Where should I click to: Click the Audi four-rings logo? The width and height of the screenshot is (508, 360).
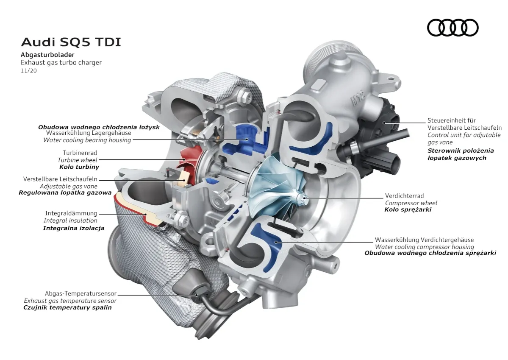pyautogui.click(x=452, y=28)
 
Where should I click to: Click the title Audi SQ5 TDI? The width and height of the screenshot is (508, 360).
pyautogui.click(x=71, y=42)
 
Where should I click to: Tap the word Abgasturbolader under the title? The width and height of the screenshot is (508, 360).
pyautogui.click(x=47, y=55)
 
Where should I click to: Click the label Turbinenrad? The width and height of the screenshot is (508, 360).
pyautogui.click(x=80, y=153)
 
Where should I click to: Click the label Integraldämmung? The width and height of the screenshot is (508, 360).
pyautogui.click(x=71, y=213)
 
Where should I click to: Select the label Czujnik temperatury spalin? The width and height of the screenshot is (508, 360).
pyautogui.click(x=67, y=307)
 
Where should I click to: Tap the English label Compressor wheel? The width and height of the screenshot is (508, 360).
pyautogui.click(x=411, y=203)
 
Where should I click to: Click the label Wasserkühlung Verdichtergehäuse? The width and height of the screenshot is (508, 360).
pyautogui.click(x=424, y=240)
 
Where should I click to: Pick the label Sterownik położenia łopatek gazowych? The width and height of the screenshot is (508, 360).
pyautogui.click(x=460, y=154)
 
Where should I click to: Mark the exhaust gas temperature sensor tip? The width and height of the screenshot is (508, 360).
pyautogui.click(x=196, y=295)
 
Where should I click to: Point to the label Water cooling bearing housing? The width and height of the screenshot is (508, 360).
pyautogui.click(x=87, y=140)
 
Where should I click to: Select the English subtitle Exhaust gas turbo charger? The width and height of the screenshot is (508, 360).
pyautogui.click(x=61, y=62)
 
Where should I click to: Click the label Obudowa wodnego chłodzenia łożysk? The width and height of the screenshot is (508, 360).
pyautogui.click(x=99, y=127)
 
